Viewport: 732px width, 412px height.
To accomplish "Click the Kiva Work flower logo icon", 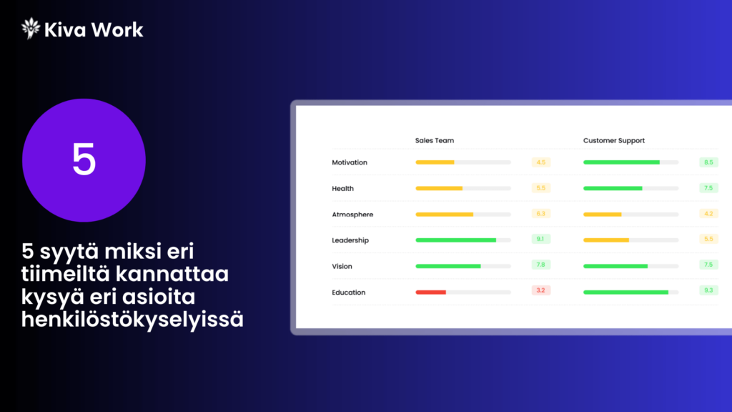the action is tap(31, 29).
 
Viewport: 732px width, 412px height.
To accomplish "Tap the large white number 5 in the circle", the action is tap(84, 160).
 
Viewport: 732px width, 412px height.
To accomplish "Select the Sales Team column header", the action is tap(434, 141).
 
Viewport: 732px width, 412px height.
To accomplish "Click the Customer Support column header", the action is tap(614, 141).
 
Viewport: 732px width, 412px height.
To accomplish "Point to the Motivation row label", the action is tap(350, 162).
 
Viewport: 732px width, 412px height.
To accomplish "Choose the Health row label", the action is tap(342, 189).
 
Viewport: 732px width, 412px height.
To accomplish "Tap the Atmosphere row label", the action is tap(352, 215).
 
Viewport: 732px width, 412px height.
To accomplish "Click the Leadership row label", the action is tap(350, 240).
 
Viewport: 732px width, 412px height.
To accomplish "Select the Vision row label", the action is tap(342, 266).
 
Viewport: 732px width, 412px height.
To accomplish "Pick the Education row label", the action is tap(349, 293).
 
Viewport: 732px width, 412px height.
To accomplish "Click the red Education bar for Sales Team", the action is tap(431, 293).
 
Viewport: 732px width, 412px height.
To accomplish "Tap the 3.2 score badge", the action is tap(540, 290).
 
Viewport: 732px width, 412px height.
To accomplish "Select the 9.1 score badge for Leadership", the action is tap(540, 239).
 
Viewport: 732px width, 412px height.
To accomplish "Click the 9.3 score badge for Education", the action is tap(708, 290).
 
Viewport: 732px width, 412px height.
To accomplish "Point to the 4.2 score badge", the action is tap(708, 213).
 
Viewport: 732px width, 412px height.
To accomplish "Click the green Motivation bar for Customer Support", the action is tap(621, 162).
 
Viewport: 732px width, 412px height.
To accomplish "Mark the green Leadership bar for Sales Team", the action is tap(455, 240).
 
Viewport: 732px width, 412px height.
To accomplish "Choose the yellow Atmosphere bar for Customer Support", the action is tap(603, 215).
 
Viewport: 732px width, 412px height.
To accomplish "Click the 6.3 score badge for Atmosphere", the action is tap(540, 213).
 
